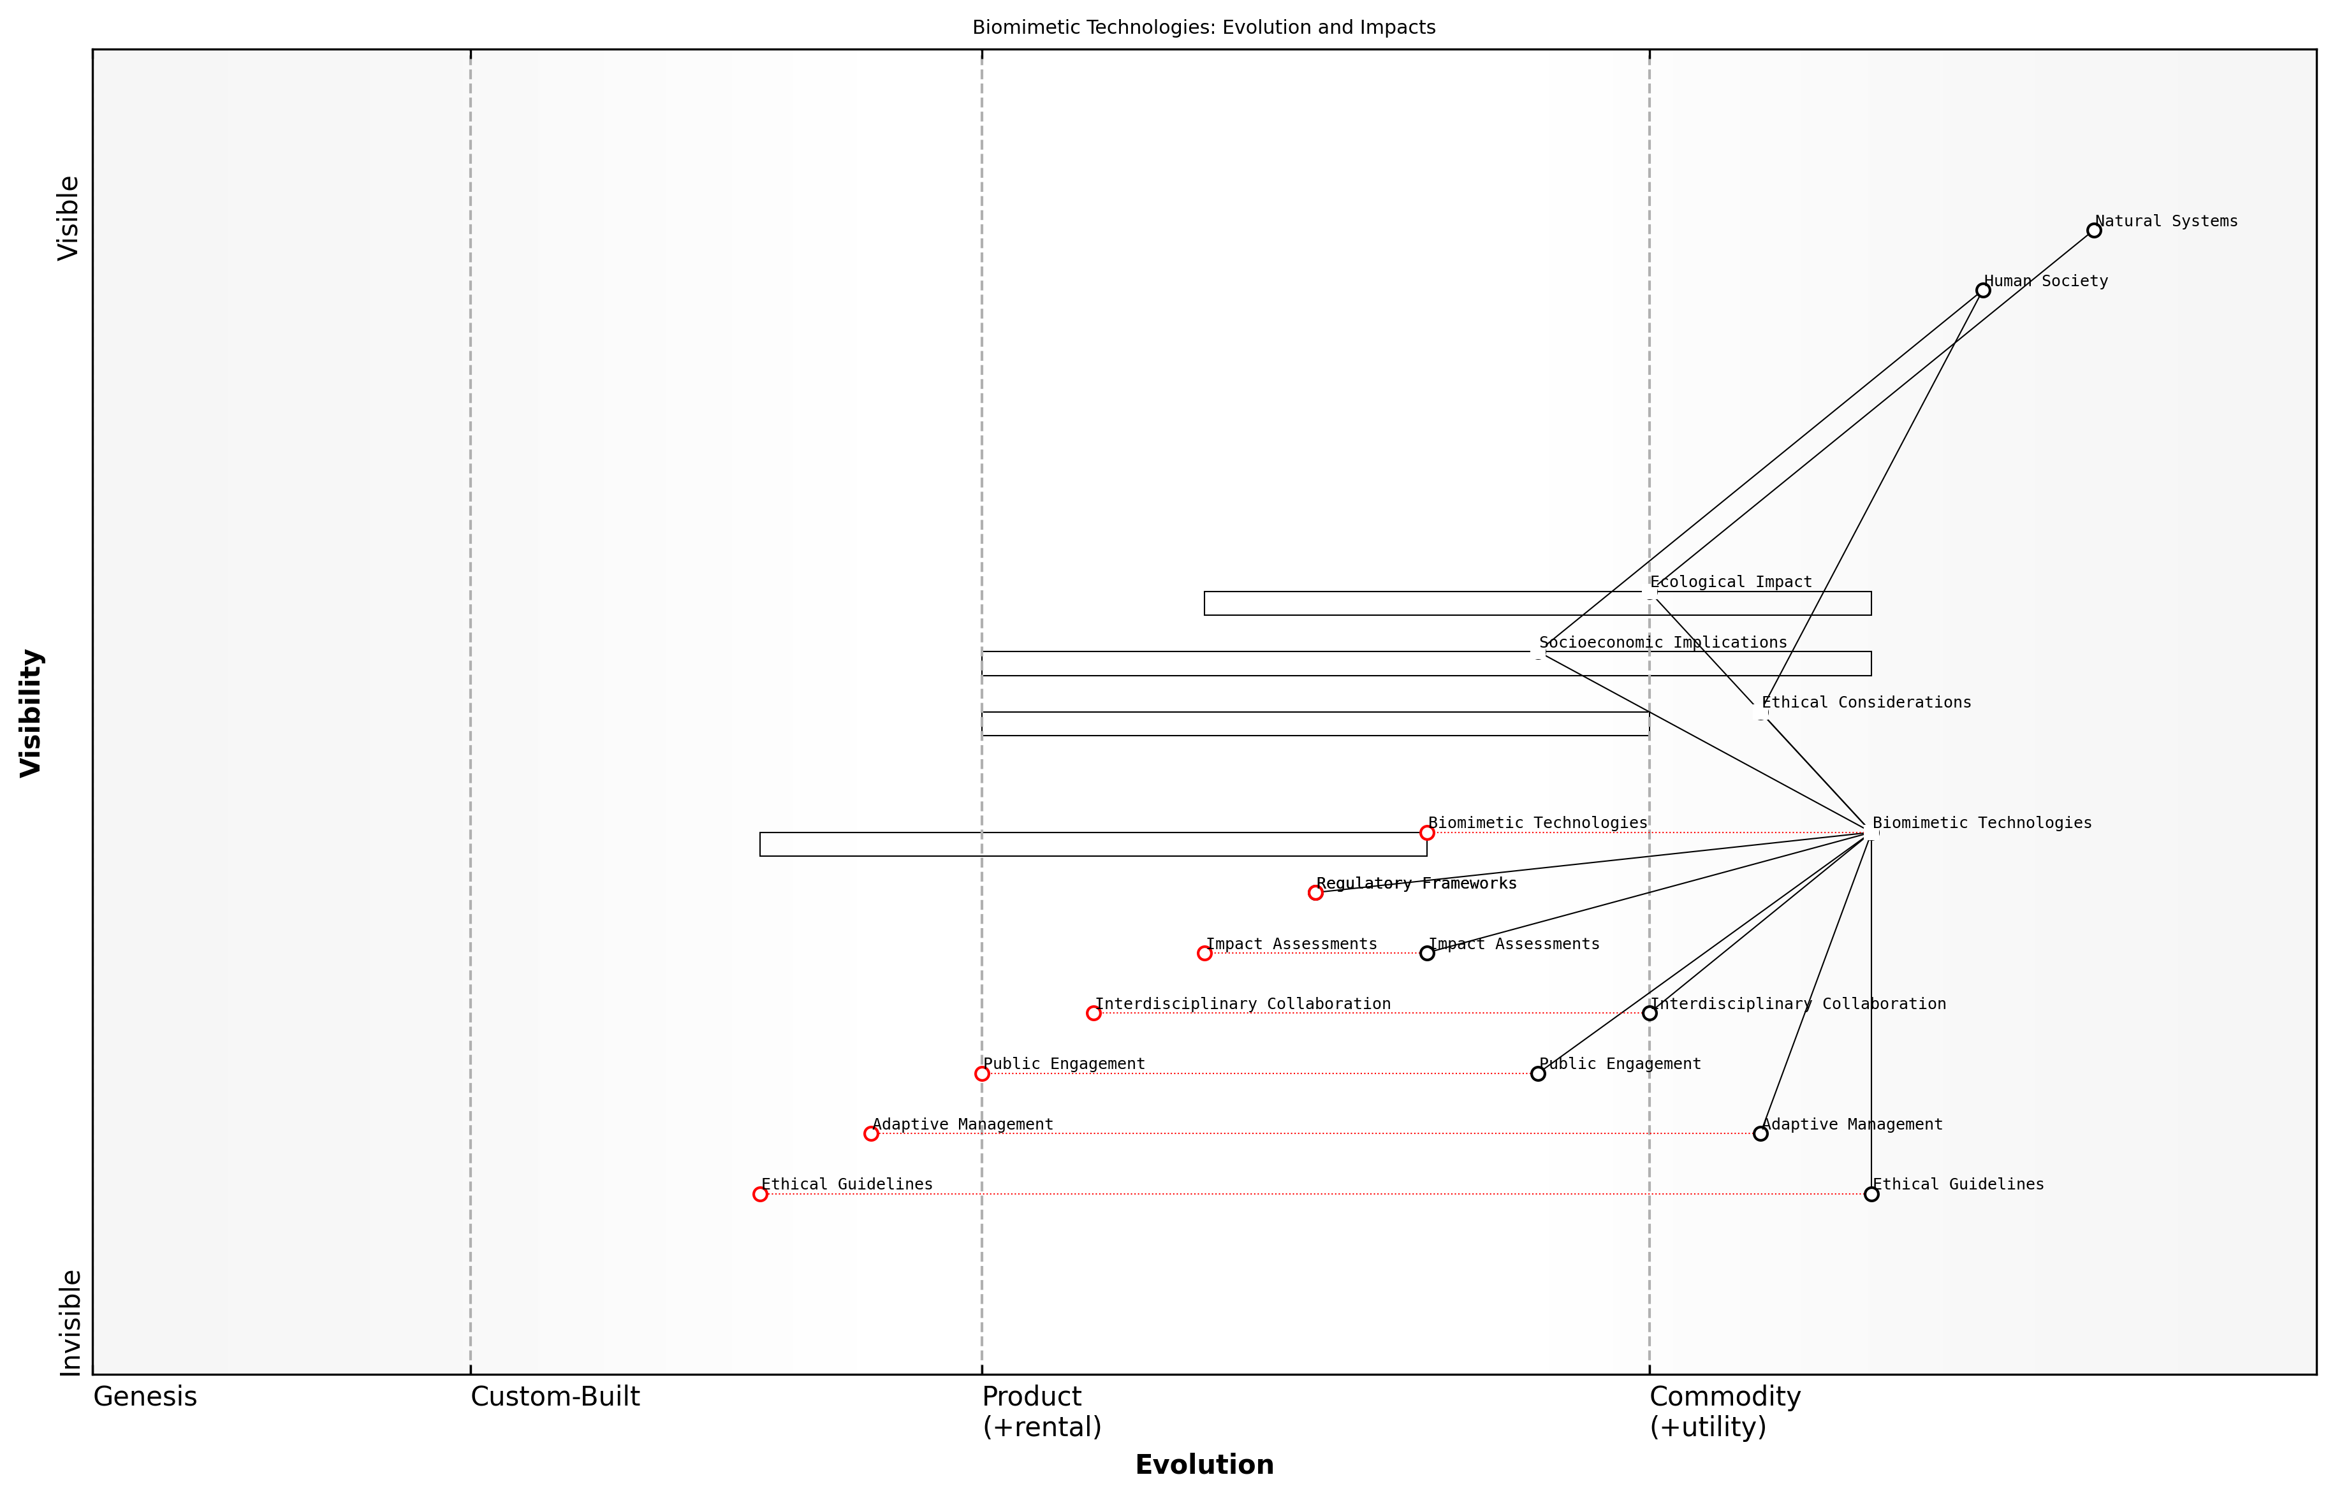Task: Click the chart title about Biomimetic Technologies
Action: coord(1203,27)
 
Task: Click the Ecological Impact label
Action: coord(1731,582)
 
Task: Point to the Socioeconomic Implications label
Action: coord(1663,642)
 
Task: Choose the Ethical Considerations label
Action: coord(1866,702)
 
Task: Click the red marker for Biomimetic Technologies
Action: coord(1426,833)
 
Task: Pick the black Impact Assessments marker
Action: coord(1426,953)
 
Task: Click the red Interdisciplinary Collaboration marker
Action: coord(1094,1014)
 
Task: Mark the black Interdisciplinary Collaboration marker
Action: coord(1649,1014)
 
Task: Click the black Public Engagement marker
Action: coord(1538,1074)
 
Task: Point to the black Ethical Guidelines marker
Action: coord(1871,1195)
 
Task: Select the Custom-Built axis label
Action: coord(555,1397)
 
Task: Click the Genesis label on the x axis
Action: coord(145,1397)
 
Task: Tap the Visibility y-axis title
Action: coord(31,713)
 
